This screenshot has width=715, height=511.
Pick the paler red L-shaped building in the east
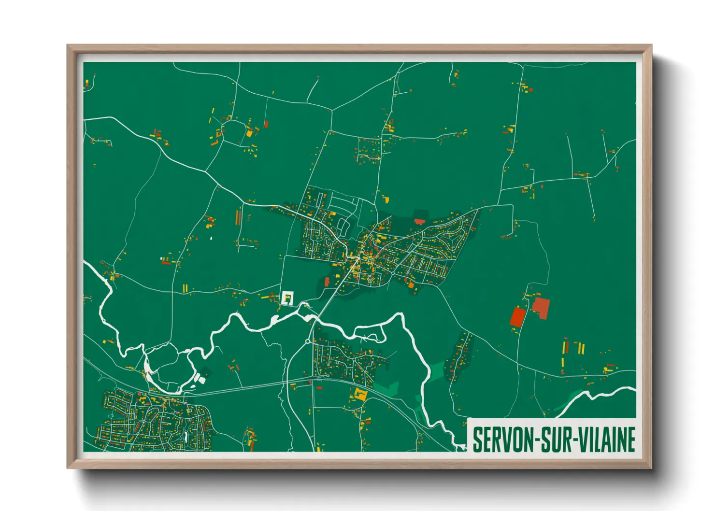541,308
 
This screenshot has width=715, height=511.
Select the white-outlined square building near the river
287,298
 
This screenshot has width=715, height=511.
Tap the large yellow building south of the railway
360,394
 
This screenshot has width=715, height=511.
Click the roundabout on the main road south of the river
308,342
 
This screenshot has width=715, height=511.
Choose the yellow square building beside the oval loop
249,133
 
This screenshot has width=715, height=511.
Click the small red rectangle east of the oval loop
266,124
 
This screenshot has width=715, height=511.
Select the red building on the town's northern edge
419,221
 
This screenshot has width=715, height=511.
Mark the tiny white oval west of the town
211,238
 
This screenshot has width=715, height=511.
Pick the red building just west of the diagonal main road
327,281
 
